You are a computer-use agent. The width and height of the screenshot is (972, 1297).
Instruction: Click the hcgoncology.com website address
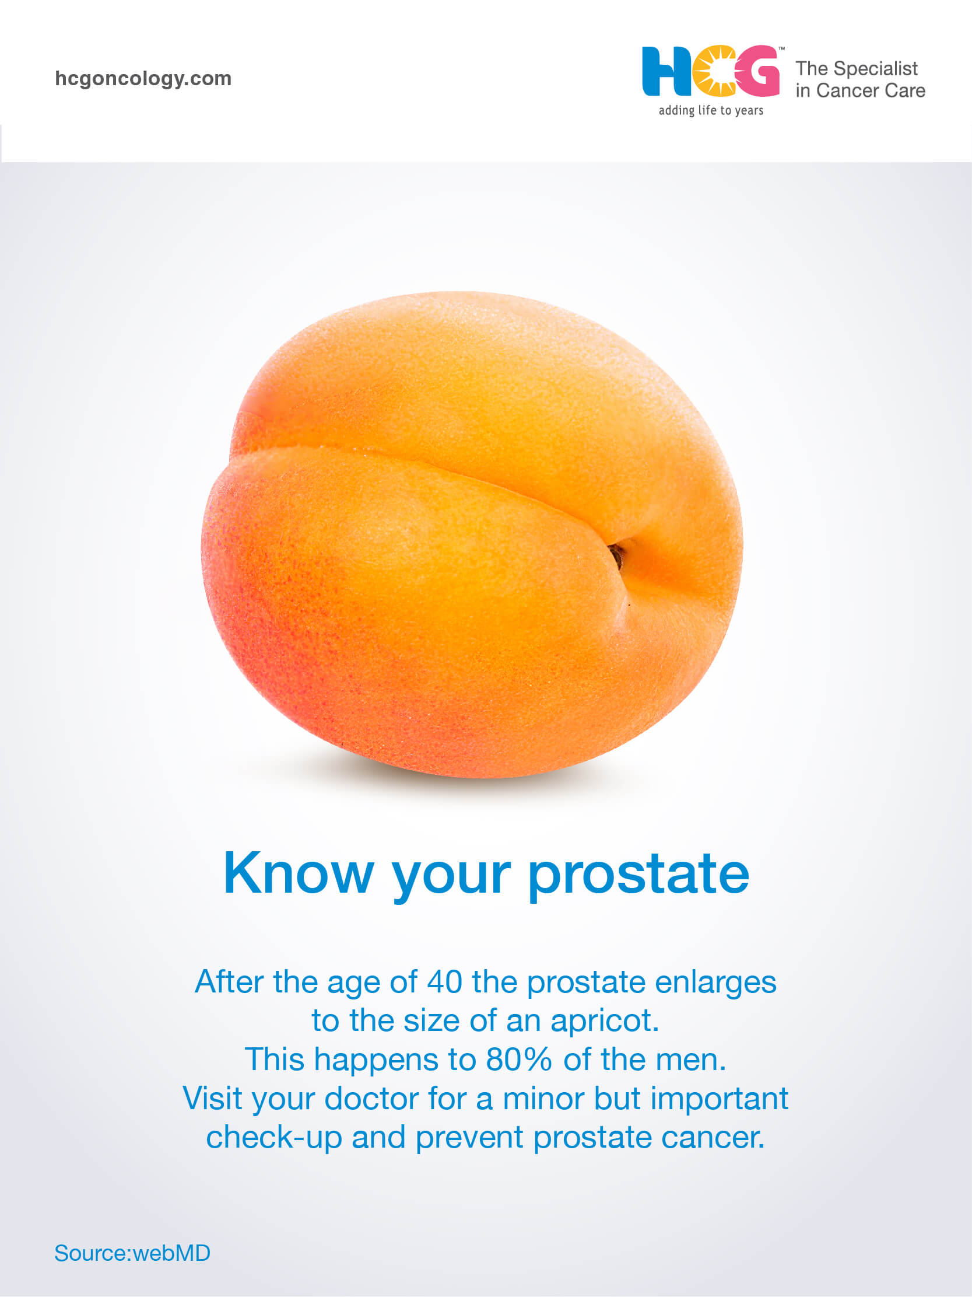[143, 79]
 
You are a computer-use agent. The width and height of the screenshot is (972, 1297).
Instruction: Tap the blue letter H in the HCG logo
[666, 71]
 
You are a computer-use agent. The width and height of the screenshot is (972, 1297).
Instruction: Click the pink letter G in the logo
[759, 71]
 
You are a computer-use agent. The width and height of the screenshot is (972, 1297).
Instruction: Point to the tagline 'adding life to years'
[711, 110]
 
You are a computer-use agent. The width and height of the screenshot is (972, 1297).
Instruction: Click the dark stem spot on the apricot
[616, 554]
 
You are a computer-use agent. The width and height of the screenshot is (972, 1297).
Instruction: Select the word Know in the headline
[299, 873]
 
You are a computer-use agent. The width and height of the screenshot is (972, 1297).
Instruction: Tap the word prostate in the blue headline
[638, 876]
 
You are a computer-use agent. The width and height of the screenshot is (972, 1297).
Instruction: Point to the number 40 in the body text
[445, 981]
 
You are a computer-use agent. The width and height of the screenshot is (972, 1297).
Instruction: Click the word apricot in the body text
[605, 1022]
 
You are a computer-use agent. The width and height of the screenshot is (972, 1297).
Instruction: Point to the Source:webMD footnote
[132, 1253]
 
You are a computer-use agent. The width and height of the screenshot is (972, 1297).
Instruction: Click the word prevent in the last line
[469, 1139]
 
